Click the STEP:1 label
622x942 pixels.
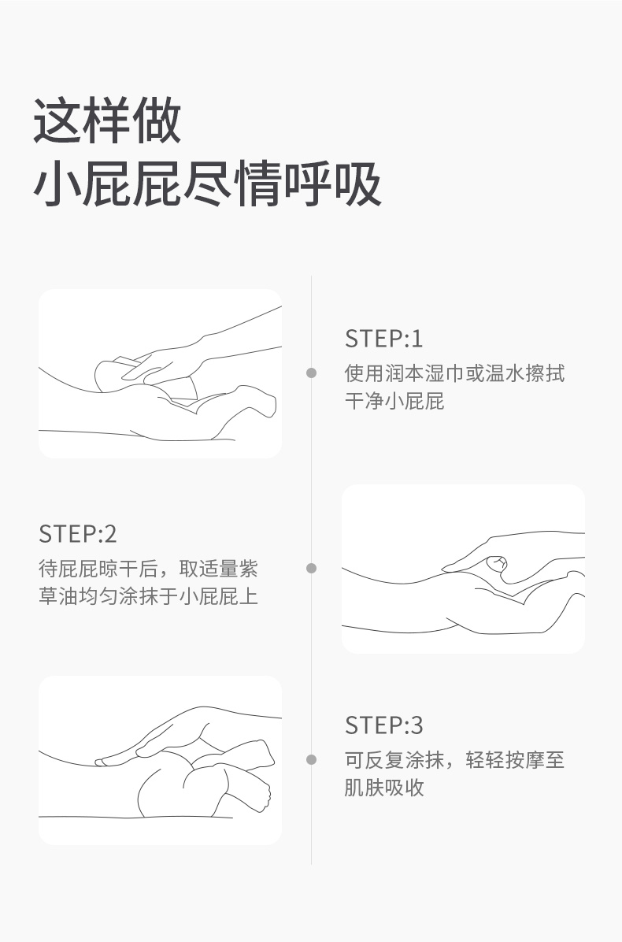[x=383, y=338]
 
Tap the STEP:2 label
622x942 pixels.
[x=77, y=533]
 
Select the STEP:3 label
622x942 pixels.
[x=383, y=725]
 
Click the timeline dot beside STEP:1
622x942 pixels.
[x=311, y=373]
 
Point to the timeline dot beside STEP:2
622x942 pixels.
[x=311, y=568]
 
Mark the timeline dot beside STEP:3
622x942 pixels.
[x=311, y=759]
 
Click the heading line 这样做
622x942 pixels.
[x=107, y=121]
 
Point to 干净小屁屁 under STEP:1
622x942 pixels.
[x=394, y=401]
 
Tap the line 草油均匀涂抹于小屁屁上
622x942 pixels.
[x=148, y=596]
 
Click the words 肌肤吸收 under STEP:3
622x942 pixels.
[x=384, y=787]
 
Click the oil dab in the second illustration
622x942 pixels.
[x=497, y=563]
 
